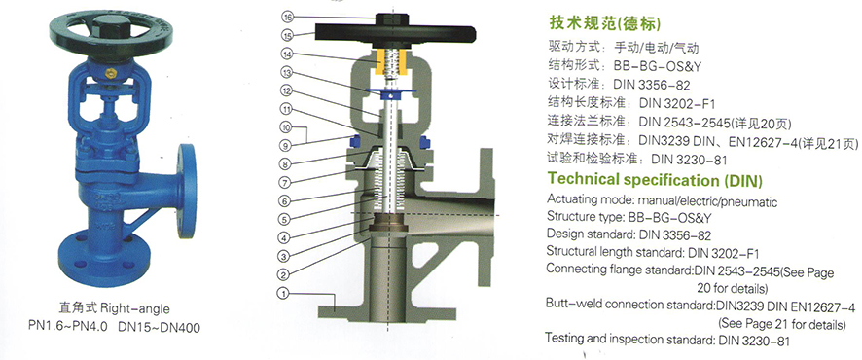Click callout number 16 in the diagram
click(x=287, y=18)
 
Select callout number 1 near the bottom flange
click(x=284, y=294)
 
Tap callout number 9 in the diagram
click(x=286, y=146)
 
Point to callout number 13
click(x=286, y=72)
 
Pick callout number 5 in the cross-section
click(x=284, y=219)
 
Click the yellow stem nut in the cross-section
click(x=391, y=62)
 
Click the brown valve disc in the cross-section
click(x=388, y=227)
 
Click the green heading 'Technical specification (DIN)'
click(x=655, y=180)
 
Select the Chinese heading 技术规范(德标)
click(x=605, y=23)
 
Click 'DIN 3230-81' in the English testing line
click(x=754, y=341)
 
